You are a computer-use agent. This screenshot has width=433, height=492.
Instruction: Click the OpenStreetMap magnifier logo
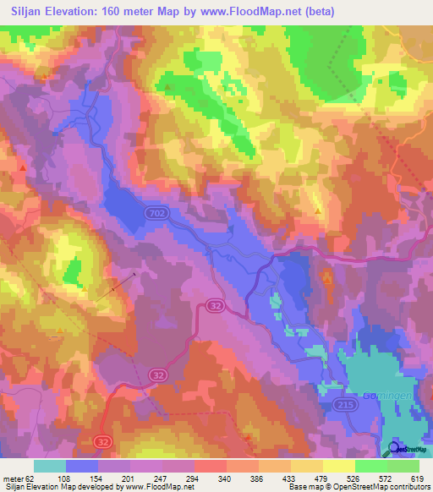pyautogui.click(x=395, y=448)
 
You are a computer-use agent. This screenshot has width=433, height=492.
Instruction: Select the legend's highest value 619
pyautogui.click(x=416, y=478)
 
